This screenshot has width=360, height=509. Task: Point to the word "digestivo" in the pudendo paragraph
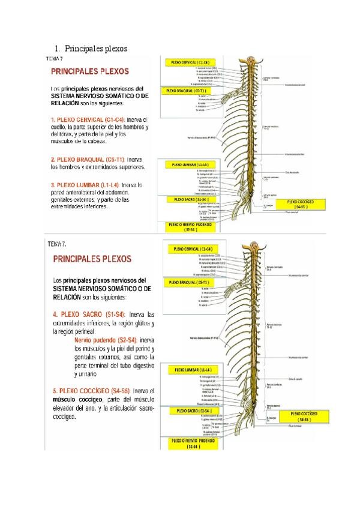142,365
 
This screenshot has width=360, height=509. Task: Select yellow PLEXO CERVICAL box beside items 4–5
191,249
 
